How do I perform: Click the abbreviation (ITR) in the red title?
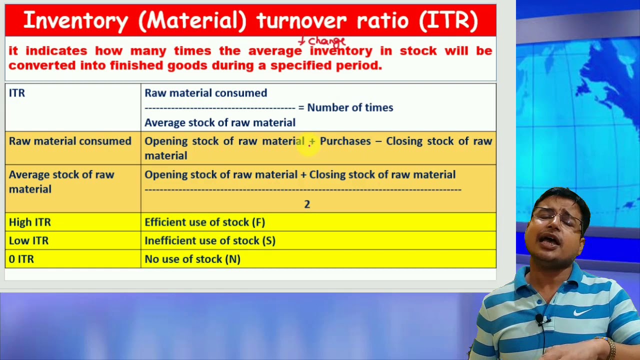[448, 20]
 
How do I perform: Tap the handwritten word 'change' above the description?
[326, 41]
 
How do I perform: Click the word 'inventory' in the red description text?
[341, 51]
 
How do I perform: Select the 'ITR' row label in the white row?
[17, 93]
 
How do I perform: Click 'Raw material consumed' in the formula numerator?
[205, 93]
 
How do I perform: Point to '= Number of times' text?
[345, 107]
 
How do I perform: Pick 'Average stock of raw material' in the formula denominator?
[219, 122]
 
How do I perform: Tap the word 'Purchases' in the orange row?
[345, 141]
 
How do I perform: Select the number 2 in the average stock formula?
[307, 204]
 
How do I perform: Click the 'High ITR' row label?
[29, 222]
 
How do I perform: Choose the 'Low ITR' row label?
[28, 240]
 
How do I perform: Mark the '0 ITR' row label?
[21, 259]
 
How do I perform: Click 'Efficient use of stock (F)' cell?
[204, 222]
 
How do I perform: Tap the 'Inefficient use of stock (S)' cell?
[209, 240]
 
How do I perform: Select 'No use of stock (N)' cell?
[192, 259]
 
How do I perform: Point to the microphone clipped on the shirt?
[541, 319]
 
